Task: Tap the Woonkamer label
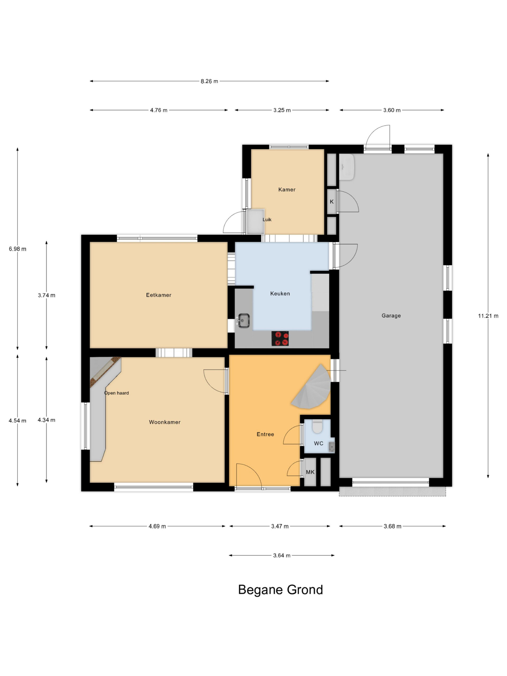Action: [165, 422]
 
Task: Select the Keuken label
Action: [280, 293]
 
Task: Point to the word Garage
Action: [391, 316]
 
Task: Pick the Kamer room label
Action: [287, 190]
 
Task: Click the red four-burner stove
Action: [280, 338]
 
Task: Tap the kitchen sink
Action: [243, 321]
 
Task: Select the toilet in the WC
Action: [317, 426]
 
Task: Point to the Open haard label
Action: [116, 393]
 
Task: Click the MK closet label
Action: [310, 472]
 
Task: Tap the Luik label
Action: [267, 219]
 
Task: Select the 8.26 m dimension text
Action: [209, 81]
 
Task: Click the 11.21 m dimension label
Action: [488, 316]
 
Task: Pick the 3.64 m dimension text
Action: [281, 555]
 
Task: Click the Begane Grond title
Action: [280, 589]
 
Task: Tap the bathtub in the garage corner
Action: [347, 167]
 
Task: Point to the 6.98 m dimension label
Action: [17, 249]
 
